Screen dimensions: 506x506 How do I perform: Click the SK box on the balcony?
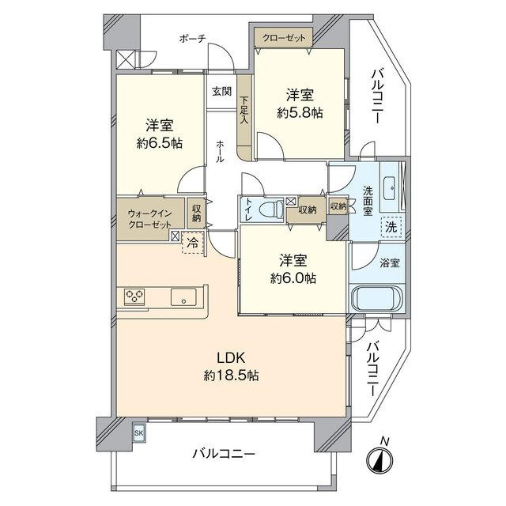[x=139, y=433]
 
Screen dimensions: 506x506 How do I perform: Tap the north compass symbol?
[x=379, y=457]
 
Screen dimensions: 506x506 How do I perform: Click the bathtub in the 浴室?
[x=377, y=298]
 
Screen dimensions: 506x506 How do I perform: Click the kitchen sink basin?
[x=183, y=296]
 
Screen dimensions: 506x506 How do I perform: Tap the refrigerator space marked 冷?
[x=193, y=243]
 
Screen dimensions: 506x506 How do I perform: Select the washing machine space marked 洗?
[x=391, y=227]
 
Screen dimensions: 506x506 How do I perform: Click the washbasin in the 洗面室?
[x=391, y=187]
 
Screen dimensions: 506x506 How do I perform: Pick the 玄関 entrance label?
[x=221, y=91]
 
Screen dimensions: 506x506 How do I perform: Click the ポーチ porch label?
[x=192, y=39]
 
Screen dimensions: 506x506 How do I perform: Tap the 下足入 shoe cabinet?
[x=244, y=118]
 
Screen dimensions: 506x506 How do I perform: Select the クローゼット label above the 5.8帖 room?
[x=284, y=38]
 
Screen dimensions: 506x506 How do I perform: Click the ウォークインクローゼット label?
[x=149, y=219]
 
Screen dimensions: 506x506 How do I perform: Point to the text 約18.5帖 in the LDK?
[x=231, y=376]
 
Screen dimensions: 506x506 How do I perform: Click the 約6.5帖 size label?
[x=160, y=143]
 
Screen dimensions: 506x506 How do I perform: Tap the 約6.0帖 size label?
[x=293, y=278]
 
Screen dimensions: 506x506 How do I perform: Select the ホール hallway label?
[x=220, y=151]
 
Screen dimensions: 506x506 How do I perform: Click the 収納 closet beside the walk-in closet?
[x=196, y=213]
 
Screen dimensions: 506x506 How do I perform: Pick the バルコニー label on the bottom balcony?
[x=224, y=454]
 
